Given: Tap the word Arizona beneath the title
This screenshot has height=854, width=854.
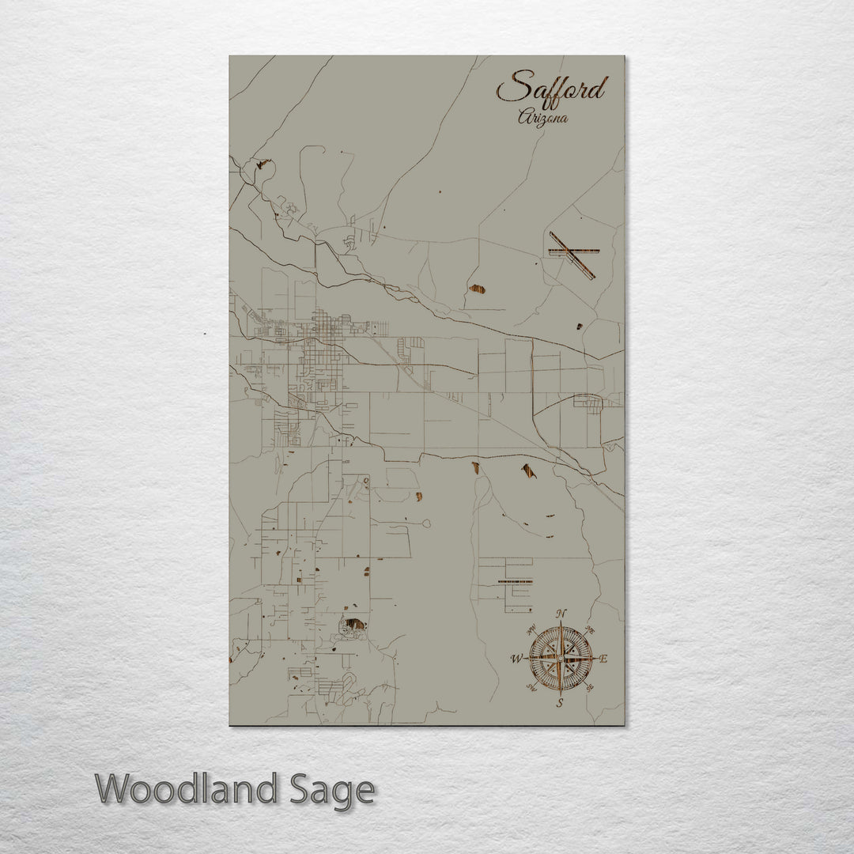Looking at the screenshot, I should tap(543, 117).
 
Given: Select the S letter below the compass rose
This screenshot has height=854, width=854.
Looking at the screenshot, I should tap(559, 701).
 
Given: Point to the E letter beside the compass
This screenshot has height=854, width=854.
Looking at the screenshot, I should tap(604, 658).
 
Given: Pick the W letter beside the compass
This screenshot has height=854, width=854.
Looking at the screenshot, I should tap(516, 658).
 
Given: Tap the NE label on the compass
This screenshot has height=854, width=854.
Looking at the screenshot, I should tap(589, 630).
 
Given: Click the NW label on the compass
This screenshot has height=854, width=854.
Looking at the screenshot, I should tap(531, 629).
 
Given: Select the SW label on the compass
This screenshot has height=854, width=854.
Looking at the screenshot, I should tap(531, 687).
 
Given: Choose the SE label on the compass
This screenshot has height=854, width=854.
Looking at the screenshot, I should tap(588, 686).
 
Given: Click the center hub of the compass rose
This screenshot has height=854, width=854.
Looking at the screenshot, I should tap(560, 658).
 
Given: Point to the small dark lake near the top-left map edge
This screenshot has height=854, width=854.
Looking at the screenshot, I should tap(262, 166).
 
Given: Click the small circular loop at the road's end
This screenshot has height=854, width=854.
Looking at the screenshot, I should tap(427, 523).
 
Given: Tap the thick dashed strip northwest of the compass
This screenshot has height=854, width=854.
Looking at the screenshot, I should tap(516, 581).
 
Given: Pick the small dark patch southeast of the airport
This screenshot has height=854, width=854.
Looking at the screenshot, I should tap(579, 325).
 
